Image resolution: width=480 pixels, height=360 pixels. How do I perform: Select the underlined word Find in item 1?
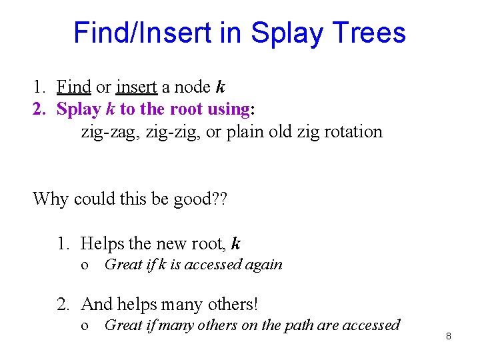pos(73,87)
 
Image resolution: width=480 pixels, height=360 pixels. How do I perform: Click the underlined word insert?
pos(137,87)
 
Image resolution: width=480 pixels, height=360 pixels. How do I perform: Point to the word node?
pos(191,87)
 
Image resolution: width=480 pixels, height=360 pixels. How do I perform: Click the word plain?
pos(246,131)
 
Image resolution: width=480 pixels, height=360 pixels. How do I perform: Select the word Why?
pos(51,199)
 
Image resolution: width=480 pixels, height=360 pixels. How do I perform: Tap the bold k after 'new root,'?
pos(235,244)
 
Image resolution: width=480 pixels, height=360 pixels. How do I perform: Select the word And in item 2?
pos(97,304)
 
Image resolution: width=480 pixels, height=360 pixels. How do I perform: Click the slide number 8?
pos(449,336)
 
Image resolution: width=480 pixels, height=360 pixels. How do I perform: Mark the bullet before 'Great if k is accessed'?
pos(84,265)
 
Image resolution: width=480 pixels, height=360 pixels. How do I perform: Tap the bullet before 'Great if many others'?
pos(84,325)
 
